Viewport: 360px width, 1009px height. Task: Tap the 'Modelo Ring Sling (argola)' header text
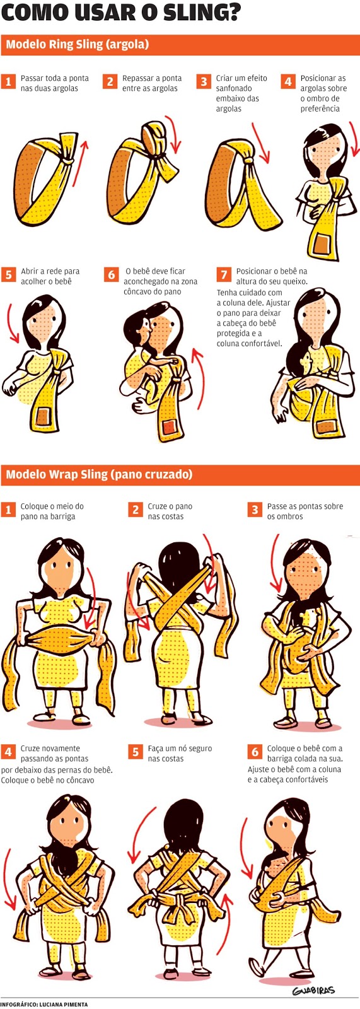click(78, 44)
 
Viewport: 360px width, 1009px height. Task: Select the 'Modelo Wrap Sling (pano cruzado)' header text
click(99, 474)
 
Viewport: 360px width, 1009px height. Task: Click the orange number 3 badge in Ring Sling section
click(204, 81)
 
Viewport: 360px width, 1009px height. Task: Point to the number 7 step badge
click(224, 274)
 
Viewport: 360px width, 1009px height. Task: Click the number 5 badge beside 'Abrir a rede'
click(9, 274)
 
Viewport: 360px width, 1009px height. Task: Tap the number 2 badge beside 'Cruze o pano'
click(136, 510)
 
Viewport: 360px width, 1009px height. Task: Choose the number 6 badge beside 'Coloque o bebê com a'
click(255, 752)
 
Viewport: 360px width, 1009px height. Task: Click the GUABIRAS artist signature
click(313, 989)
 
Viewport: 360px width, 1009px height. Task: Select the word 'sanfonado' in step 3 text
click(234, 88)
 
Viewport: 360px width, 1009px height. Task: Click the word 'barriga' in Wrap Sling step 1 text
click(61, 516)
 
